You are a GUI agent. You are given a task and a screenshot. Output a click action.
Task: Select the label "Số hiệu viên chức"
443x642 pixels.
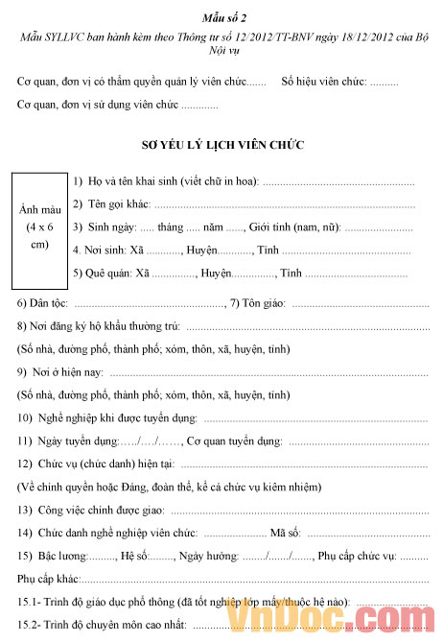(x=324, y=83)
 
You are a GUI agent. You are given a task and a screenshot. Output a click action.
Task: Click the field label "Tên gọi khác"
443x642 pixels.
(x=119, y=204)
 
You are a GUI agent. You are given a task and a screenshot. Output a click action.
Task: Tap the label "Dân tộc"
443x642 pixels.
(x=35, y=303)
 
